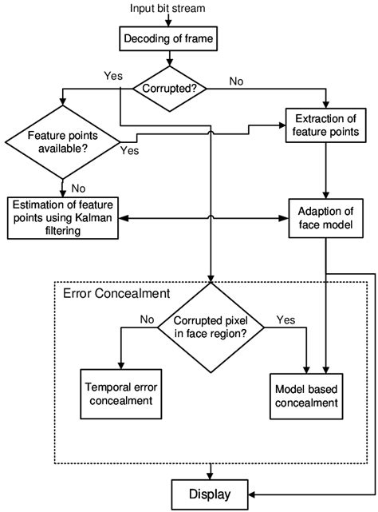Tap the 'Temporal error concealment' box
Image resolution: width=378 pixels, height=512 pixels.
(x=119, y=393)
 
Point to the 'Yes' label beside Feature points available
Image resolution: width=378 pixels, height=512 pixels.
(x=129, y=149)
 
